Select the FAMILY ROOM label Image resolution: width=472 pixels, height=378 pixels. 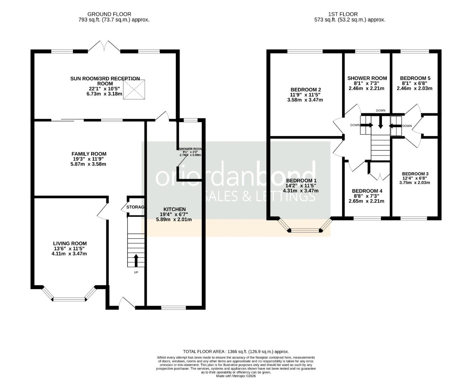[89, 154]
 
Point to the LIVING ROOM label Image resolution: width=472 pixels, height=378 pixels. [70, 244]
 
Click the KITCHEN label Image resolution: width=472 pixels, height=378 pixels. [174, 209]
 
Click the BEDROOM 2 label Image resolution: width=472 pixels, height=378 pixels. [305, 90]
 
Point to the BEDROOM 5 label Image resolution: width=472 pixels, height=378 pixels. [415, 78]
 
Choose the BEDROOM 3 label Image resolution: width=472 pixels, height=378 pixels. [415, 174]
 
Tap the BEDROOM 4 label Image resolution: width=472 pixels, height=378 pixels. [367, 191]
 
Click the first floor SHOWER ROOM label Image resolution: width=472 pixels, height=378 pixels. [367, 78]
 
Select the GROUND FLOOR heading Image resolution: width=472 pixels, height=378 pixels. [109, 14]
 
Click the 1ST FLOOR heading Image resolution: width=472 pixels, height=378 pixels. [343, 14]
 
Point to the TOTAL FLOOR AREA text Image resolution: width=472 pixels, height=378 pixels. [236, 351]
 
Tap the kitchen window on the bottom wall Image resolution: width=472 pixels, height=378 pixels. [174, 308]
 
